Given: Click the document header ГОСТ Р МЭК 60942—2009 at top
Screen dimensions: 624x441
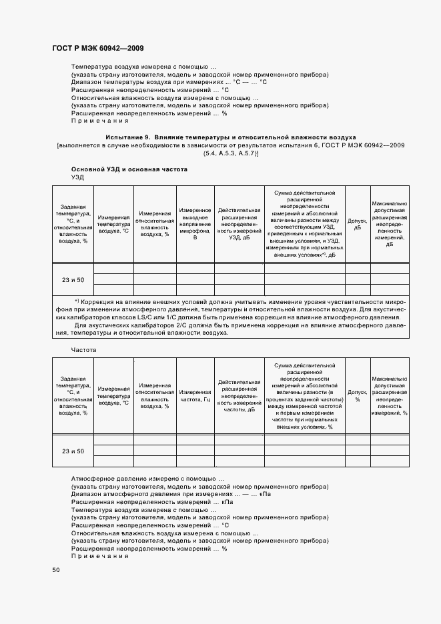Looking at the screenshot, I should point(97,49).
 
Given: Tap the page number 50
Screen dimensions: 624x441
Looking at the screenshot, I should point(56,569).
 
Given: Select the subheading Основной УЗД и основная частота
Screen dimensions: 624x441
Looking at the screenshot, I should point(129,169).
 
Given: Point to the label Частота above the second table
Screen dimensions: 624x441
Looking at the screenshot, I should point(83,349).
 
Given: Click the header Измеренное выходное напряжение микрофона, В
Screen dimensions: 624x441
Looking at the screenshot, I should point(195,223).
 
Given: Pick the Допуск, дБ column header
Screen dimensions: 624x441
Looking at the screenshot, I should point(357,223).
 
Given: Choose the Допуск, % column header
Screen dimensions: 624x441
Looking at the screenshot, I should point(357,397).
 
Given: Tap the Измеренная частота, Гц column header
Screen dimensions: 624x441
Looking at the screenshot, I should point(195,397).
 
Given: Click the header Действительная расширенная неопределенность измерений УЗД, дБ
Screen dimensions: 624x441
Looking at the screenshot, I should point(239,223).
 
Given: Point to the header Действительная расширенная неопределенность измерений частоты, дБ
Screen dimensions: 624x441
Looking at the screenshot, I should point(239,397).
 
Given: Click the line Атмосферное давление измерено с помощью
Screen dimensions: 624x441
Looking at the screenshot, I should point(147,479).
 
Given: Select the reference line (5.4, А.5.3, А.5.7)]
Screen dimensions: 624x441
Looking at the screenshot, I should point(231,153).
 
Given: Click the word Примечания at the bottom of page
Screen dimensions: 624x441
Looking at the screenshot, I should point(99,556).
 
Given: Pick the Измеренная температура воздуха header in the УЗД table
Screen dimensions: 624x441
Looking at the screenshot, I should point(113,223).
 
